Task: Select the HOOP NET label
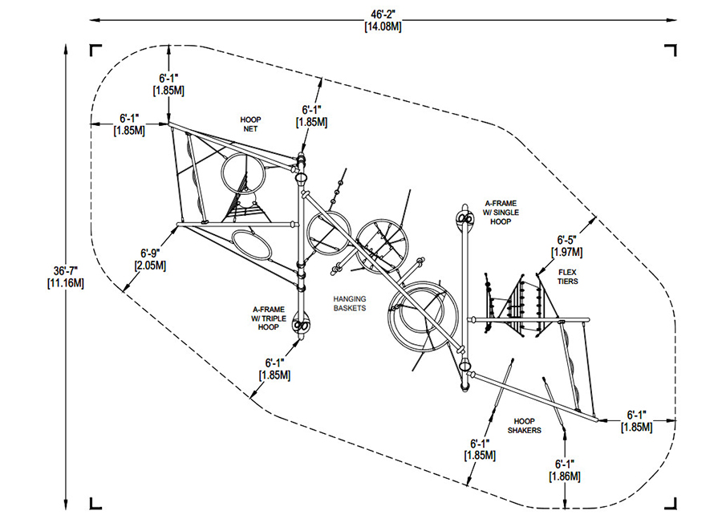[250, 124]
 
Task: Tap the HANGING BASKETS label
[350, 303]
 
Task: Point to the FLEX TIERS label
[567, 277]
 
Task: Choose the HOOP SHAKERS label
[525, 426]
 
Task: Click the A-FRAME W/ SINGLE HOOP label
[501, 213]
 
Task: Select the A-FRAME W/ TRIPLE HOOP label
[269, 318]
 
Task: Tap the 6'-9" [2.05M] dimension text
[150, 259]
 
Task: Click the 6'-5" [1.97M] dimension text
[567, 245]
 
